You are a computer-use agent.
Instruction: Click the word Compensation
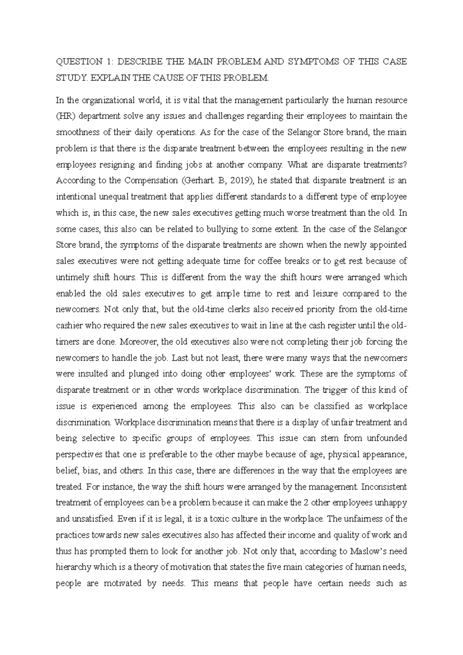click(140, 181)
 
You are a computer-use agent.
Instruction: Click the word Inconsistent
click(384, 487)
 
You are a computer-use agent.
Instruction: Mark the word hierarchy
click(71, 567)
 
